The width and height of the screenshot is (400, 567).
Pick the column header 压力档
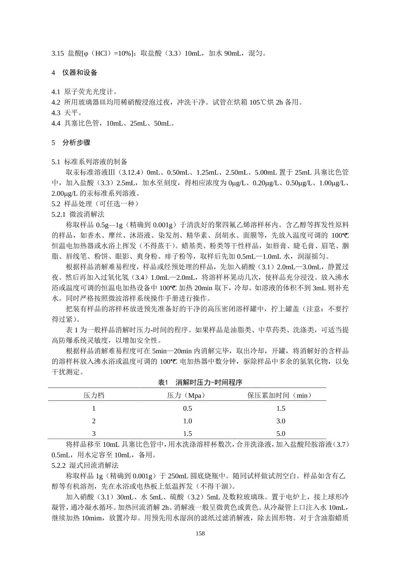click(x=93, y=395)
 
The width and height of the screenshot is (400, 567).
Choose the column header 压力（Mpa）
click(x=187, y=395)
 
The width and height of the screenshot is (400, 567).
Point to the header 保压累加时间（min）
click(x=280, y=395)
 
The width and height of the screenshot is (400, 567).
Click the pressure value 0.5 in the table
click(x=187, y=408)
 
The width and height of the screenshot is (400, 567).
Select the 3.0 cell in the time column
click(x=280, y=421)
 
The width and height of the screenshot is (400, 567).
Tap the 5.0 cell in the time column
click(x=280, y=433)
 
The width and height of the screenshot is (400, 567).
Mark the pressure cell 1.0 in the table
click(x=187, y=421)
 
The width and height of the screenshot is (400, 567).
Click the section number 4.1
click(x=56, y=92)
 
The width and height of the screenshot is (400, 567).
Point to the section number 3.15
click(x=58, y=53)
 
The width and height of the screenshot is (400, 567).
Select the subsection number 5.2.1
click(x=58, y=214)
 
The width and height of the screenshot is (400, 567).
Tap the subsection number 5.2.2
click(x=58, y=466)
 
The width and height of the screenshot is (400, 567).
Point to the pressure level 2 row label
click(x=94, y=421)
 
